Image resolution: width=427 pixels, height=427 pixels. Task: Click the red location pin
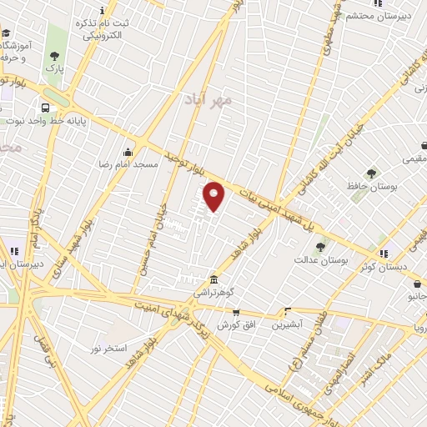point(214,196)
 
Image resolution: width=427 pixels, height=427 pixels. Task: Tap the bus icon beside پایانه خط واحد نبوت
point(44,108)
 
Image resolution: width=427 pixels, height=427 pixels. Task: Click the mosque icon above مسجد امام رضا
point(127,153)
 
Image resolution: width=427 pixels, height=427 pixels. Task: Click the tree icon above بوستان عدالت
point(319,246)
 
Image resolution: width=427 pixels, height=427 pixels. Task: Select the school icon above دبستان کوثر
point(382,253)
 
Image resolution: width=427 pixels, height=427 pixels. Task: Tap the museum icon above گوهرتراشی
point(214,279)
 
